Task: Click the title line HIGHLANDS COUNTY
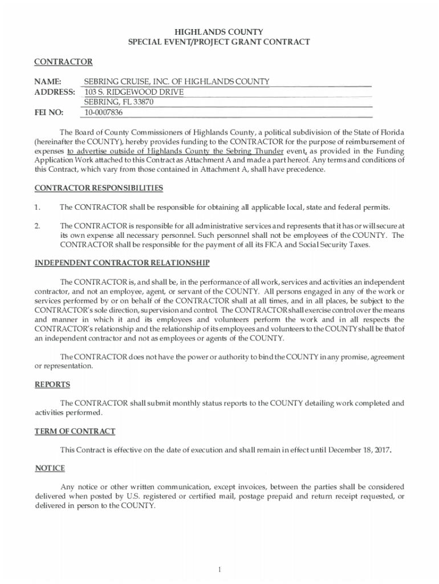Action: (219, 32)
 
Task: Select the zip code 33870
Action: (143, 102)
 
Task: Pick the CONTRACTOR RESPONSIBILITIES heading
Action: (99, 188)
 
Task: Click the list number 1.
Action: (37, 206)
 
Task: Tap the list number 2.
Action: (37, 226)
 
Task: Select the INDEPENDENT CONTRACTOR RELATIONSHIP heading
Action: (122, 263)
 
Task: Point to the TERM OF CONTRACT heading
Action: (75, 431)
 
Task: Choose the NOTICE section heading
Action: (50, 468)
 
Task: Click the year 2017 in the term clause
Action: (380, 450)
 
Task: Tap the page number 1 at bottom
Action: (219, 570)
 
